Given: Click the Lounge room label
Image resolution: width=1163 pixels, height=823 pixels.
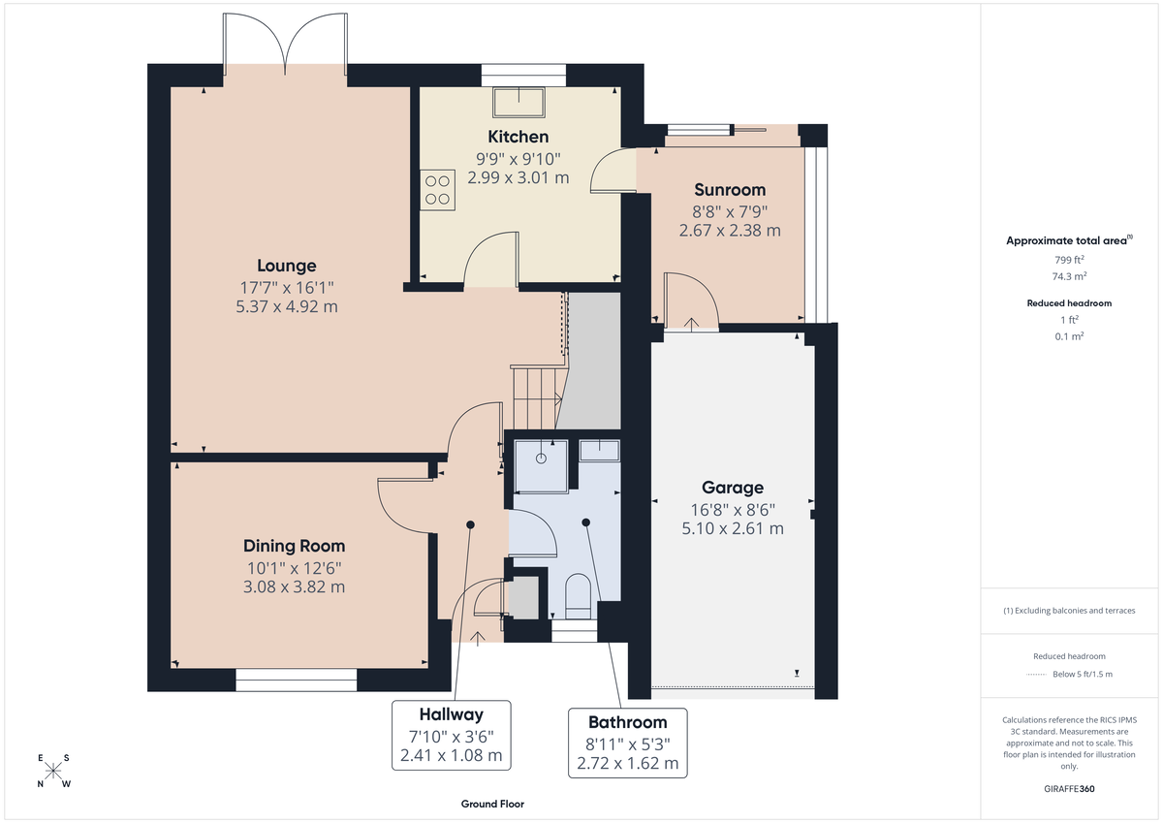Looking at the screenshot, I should pos(286,266).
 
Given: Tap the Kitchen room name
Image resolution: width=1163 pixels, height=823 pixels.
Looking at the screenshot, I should pos(518,137).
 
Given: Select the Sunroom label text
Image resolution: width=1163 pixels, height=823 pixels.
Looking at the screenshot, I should pos(730,190).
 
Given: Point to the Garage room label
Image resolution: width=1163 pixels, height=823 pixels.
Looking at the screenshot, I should pos(733,488).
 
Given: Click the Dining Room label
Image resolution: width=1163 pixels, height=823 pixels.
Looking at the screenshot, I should pos(294,546).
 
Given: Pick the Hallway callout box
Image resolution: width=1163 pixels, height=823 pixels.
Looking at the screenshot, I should pos(451,734).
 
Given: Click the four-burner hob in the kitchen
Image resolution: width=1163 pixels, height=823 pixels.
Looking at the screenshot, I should pos(437,188).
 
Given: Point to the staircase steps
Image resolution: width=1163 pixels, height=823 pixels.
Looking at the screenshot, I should pos(536,396).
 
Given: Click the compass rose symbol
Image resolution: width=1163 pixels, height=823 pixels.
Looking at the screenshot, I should pos(53,771).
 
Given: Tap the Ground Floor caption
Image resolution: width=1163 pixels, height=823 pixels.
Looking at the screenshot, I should pos(492,804).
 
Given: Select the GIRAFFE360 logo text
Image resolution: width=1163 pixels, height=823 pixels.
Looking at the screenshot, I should pos(1068,789).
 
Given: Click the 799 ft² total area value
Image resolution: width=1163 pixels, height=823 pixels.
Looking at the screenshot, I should pos(1068,259).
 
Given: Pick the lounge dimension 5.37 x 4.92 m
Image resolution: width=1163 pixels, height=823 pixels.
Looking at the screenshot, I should pos(286,306).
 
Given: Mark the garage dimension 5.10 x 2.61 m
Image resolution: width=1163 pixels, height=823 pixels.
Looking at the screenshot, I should pos(733,528).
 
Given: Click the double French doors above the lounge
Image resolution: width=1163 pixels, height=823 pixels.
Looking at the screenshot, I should pos(285,45).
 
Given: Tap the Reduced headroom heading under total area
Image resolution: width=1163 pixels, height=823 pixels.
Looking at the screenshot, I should pos(1068,303).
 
